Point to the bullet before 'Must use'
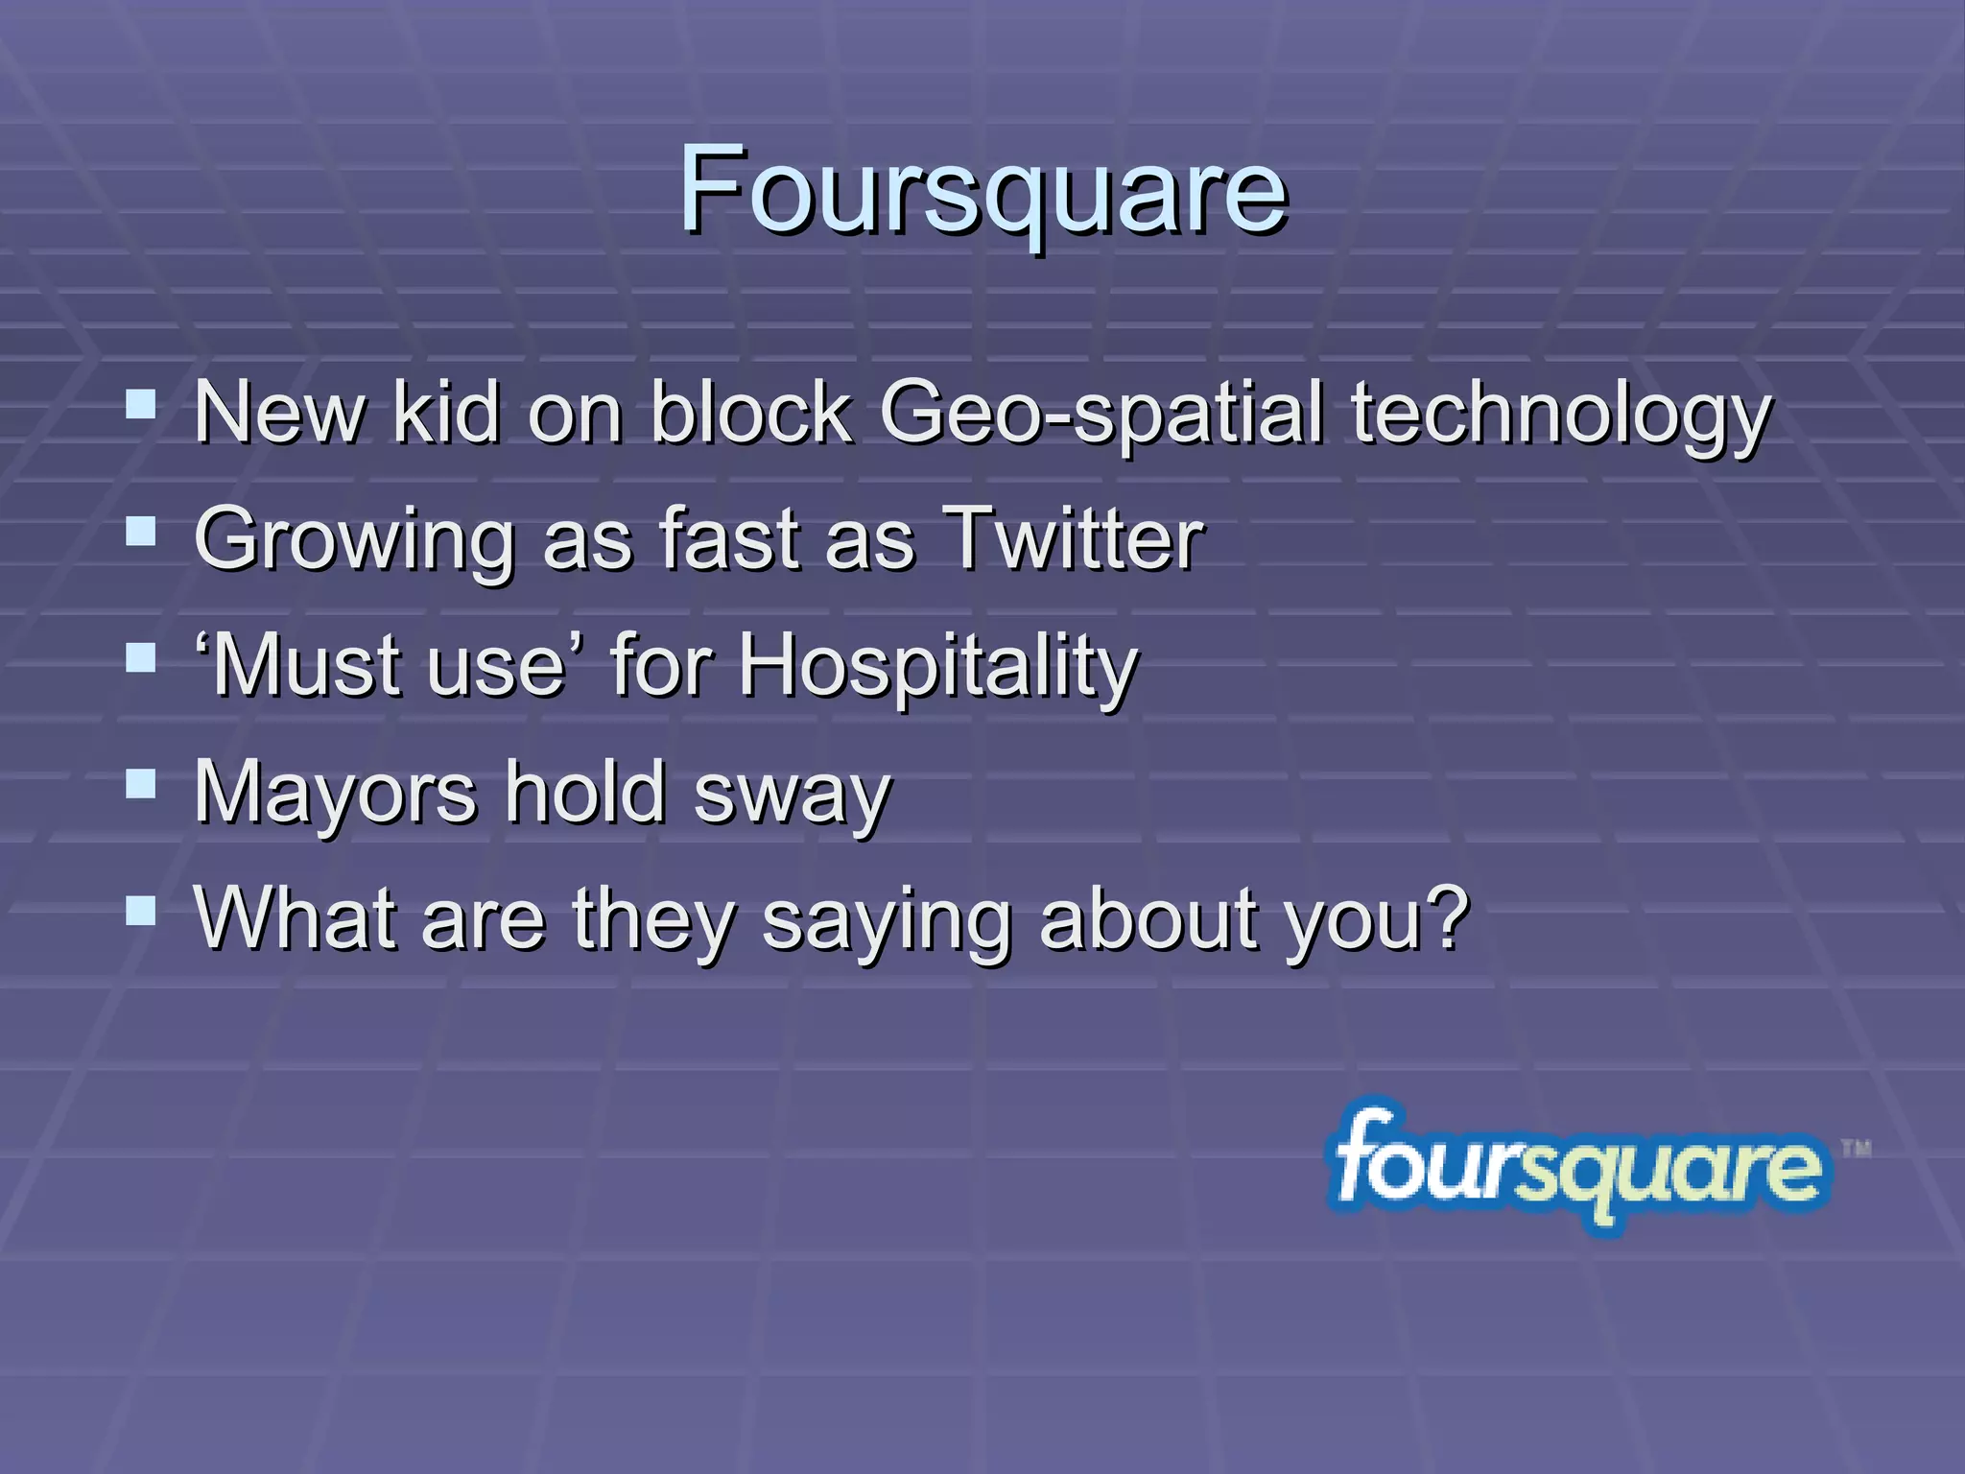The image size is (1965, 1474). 141,658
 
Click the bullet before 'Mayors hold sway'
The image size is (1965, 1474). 141,785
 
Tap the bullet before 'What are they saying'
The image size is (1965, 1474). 141,912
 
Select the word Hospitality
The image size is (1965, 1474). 938,668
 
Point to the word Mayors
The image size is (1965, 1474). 335,794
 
